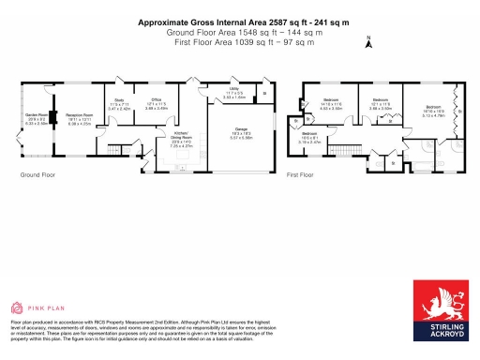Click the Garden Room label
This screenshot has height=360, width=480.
coord(37,119)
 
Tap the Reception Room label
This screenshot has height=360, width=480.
coord(79,119)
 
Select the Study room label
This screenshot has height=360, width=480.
coord(119,105)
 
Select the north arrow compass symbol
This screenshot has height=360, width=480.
coord(368,40)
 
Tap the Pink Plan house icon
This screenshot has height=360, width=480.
coord(17,307)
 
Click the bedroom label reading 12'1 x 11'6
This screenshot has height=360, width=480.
coord(379,103)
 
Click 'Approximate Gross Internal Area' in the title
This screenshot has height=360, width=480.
coord(202,21)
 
